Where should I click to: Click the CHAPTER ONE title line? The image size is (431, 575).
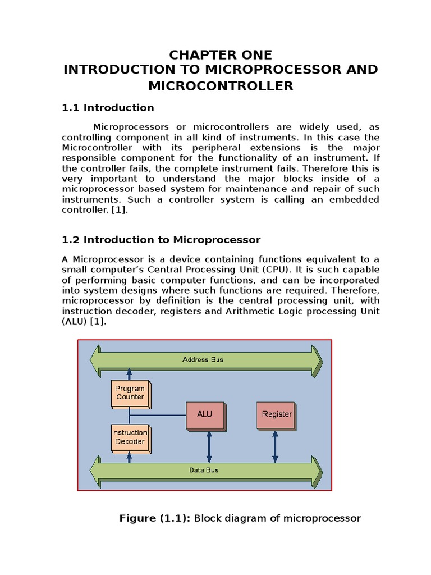[x=221, y=55]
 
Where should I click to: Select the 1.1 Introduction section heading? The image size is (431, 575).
[x=107, y=108]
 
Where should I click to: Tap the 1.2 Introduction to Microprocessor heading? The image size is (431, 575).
[x=161, y=240]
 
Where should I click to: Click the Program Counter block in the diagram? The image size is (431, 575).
[x=130, y=393]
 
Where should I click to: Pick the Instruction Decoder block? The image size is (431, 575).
[x=130, y=437]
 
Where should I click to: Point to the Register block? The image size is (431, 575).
[x=277, y=414]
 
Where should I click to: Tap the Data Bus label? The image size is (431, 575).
[x=203, y=470]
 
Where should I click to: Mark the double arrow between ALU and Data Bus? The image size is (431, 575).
[x=209, y=445]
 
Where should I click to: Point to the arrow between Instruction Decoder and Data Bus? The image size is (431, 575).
[x=130, y=457]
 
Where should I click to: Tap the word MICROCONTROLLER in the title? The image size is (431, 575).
[x=221, y=86]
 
